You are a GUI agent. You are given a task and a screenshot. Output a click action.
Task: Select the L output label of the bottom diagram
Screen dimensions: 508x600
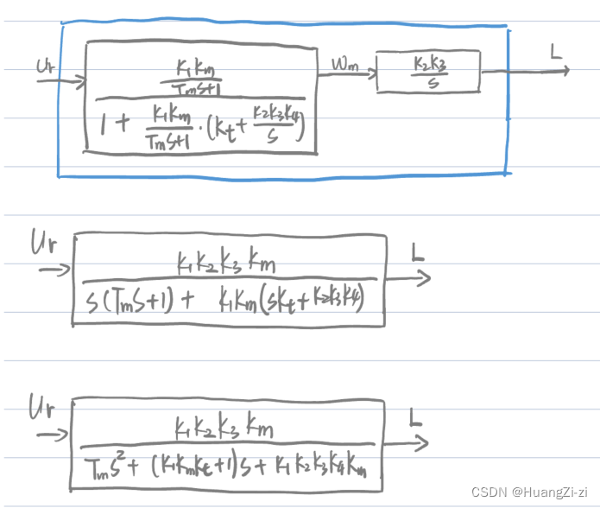[x=415, y=421]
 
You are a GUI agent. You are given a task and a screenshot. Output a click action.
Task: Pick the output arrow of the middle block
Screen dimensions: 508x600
[x=407, y=277]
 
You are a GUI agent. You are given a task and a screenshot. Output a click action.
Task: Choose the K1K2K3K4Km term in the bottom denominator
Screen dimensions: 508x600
[x=324, y=469]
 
